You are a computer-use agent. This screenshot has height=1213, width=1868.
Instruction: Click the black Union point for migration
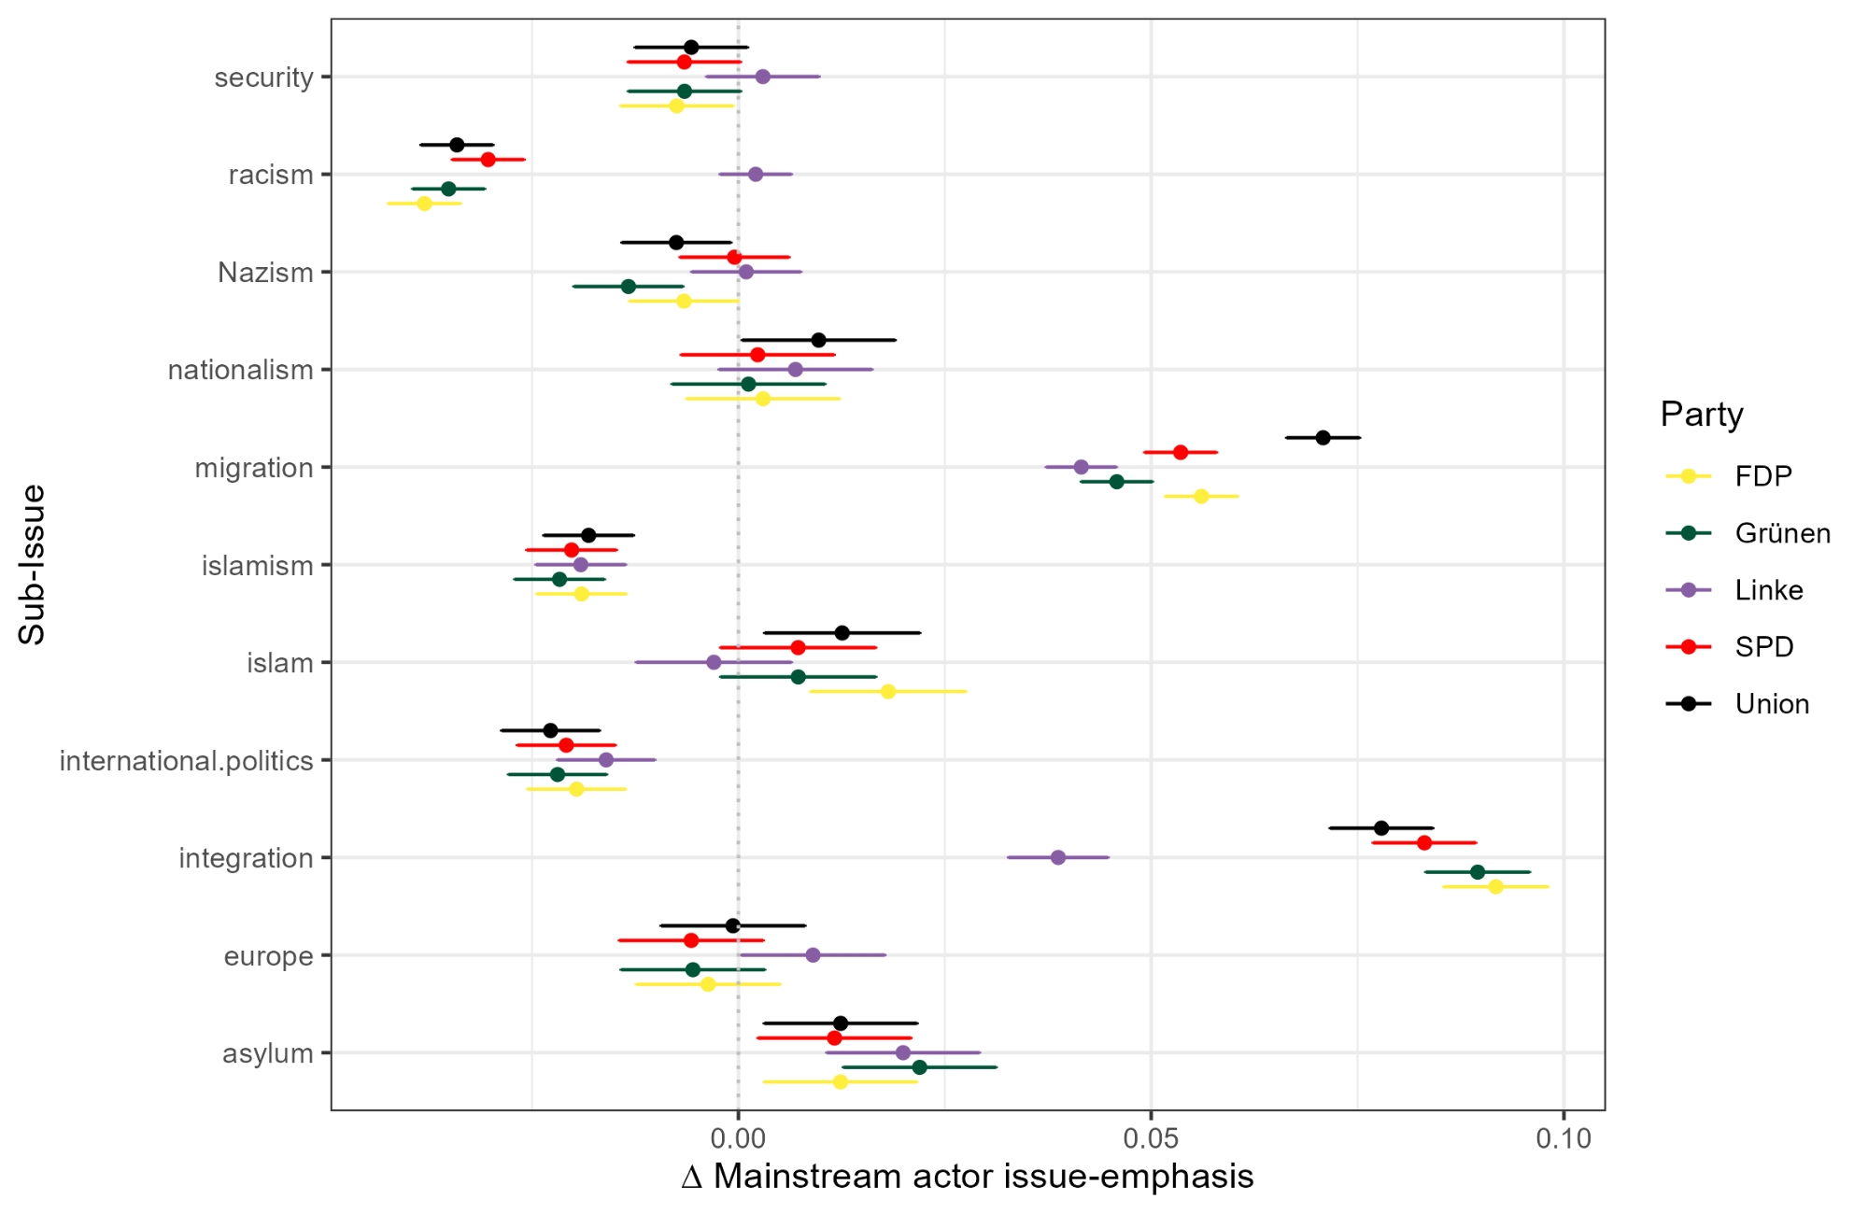pyautogui.click(x=1323, y=437)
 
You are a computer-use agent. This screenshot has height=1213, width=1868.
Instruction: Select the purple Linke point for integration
pyautogui.click(x=1058, y=857)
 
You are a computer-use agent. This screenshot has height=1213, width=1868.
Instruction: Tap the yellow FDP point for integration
pyautogui.click(x=1495, y=886)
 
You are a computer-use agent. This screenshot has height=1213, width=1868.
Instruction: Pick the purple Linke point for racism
pyautogui.click(x=756, y=174)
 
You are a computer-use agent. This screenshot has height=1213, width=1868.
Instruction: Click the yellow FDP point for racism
pyautogui.click(x=424, y=203)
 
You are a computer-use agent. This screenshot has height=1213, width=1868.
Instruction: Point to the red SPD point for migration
pyautogui.click(x=1181, y=452)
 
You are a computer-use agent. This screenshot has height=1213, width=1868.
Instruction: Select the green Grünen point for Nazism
pyautogui.click(x=629, y=286)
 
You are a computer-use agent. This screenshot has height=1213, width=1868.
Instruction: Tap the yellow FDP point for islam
pyautogui.click(x=888, y=691)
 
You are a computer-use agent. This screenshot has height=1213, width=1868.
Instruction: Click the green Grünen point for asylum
pyautogui.click(x=919, y=1067)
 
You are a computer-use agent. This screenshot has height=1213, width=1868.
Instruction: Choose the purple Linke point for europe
pyautogui.click(x=813, y=954)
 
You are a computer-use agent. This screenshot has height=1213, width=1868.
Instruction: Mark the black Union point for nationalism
pyautogui.click(x=818, y=340)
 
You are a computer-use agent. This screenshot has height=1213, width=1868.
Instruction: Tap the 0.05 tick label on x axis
pyautogui.click(x=1151, y=1138)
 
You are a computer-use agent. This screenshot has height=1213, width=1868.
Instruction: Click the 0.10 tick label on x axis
pyautogui.click(x=1564, y=1138)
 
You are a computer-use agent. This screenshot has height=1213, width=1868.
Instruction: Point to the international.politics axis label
pyautogui.click(x=186, y=761)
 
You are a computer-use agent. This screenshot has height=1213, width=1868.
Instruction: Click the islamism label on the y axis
pyautogui.click(x=257, y=566)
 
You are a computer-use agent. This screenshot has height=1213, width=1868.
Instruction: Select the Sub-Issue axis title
pyautogui.click(x=32, y=564)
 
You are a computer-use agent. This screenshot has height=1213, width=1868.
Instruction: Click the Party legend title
pyautogui.click(x=1702, y=414)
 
